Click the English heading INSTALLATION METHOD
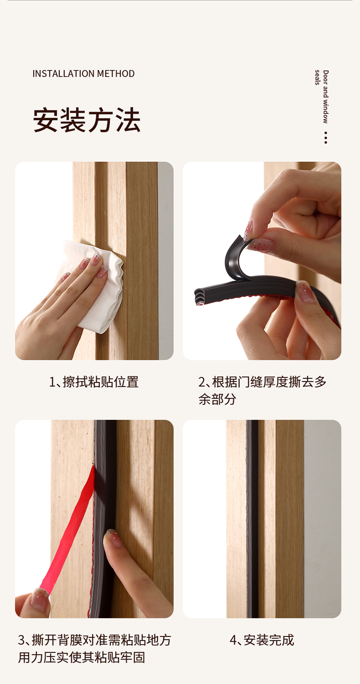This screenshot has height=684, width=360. tap(84, 73)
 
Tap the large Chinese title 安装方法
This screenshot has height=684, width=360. tap(87, 120)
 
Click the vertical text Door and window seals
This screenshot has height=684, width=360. tap(323, 97)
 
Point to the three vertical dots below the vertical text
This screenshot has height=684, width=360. tap(326, 138)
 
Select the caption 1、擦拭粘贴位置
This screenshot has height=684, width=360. tap(94, 382)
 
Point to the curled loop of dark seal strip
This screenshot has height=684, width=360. tap(237, 258)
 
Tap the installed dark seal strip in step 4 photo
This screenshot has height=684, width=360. tap(252, 519)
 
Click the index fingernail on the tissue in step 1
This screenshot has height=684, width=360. tap(96, 260)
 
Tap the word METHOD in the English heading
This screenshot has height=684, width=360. tap(116, 73)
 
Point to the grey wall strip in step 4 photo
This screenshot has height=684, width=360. tap(322, 519)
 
